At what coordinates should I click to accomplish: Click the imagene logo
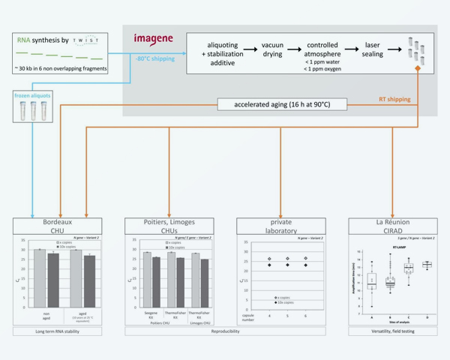[x=153, y=39]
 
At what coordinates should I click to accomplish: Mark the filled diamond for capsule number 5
[x=286, y=265]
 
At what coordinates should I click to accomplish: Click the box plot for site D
[x=427, y=265]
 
